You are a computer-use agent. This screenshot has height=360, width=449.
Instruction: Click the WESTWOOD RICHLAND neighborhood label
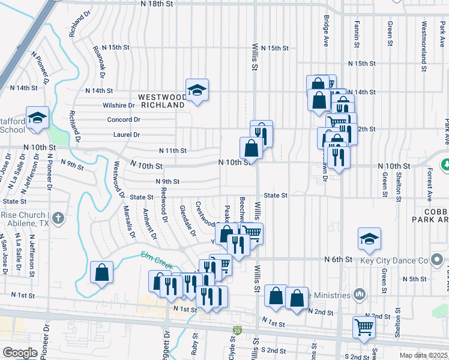click(x=162, y=100)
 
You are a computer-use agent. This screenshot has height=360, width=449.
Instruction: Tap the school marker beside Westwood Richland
click(x=197, y=90)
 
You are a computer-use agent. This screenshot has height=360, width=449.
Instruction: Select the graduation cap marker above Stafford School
click(x=37, y=118)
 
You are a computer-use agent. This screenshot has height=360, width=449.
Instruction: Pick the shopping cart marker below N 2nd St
click(x=364, y=328)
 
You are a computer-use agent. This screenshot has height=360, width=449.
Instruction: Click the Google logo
click(x=20, y=352)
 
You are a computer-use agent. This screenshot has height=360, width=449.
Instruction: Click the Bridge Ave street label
click(x=327, y=31)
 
